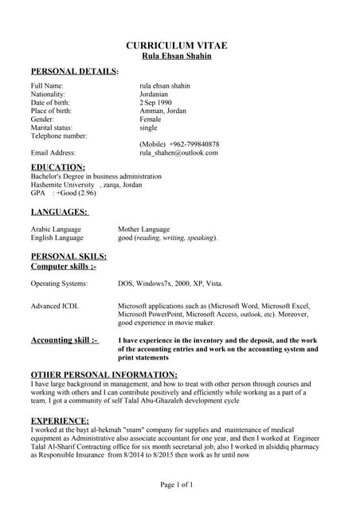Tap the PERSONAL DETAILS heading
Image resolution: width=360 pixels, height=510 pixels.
(x=74, y=72)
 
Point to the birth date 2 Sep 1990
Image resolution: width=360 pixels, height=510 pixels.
(x=155, y=103)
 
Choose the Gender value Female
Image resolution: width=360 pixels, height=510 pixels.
(x=151, y=120)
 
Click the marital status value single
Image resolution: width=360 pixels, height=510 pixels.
(x=148, y=127)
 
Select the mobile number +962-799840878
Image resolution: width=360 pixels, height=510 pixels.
(x=190, y=144)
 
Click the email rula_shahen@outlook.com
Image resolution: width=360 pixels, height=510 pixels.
(x=178, y=152)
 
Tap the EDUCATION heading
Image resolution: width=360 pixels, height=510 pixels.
(x=58, y=167)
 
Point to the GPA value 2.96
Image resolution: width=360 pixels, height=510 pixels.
(x=87, y=194)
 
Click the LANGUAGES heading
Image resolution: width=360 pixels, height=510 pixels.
(x=59, y=212)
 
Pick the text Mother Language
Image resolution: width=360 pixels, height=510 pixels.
(x=144, y=229)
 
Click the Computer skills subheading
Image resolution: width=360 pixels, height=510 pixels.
(x=63, y=266)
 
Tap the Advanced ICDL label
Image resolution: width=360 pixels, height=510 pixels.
(x=55, y=306)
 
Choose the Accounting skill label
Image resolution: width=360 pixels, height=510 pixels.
(x=65, y=340)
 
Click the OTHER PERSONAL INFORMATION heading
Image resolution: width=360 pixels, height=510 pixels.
(x=104, y=375)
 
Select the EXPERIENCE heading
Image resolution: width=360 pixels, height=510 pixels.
(x=60, y=420)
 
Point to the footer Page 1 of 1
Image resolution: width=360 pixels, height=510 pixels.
(x=176, y=484)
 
